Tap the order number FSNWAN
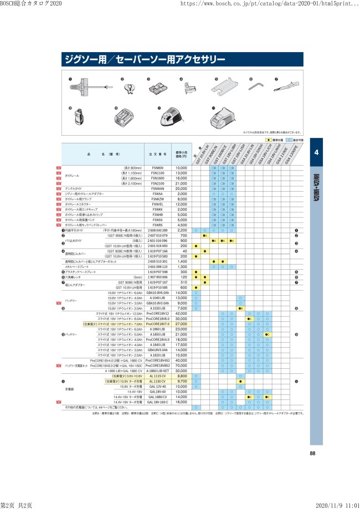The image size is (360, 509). pos(157,189)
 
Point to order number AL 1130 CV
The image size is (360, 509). pos(158,382)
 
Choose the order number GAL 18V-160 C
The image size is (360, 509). pos(158,402)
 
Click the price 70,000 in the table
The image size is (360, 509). pos(182,366)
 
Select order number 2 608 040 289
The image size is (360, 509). pos(157,230)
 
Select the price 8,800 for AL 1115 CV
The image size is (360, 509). pos(182,376)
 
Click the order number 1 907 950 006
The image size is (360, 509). pos(157,277)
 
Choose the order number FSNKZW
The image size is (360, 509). pos(157,199)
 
